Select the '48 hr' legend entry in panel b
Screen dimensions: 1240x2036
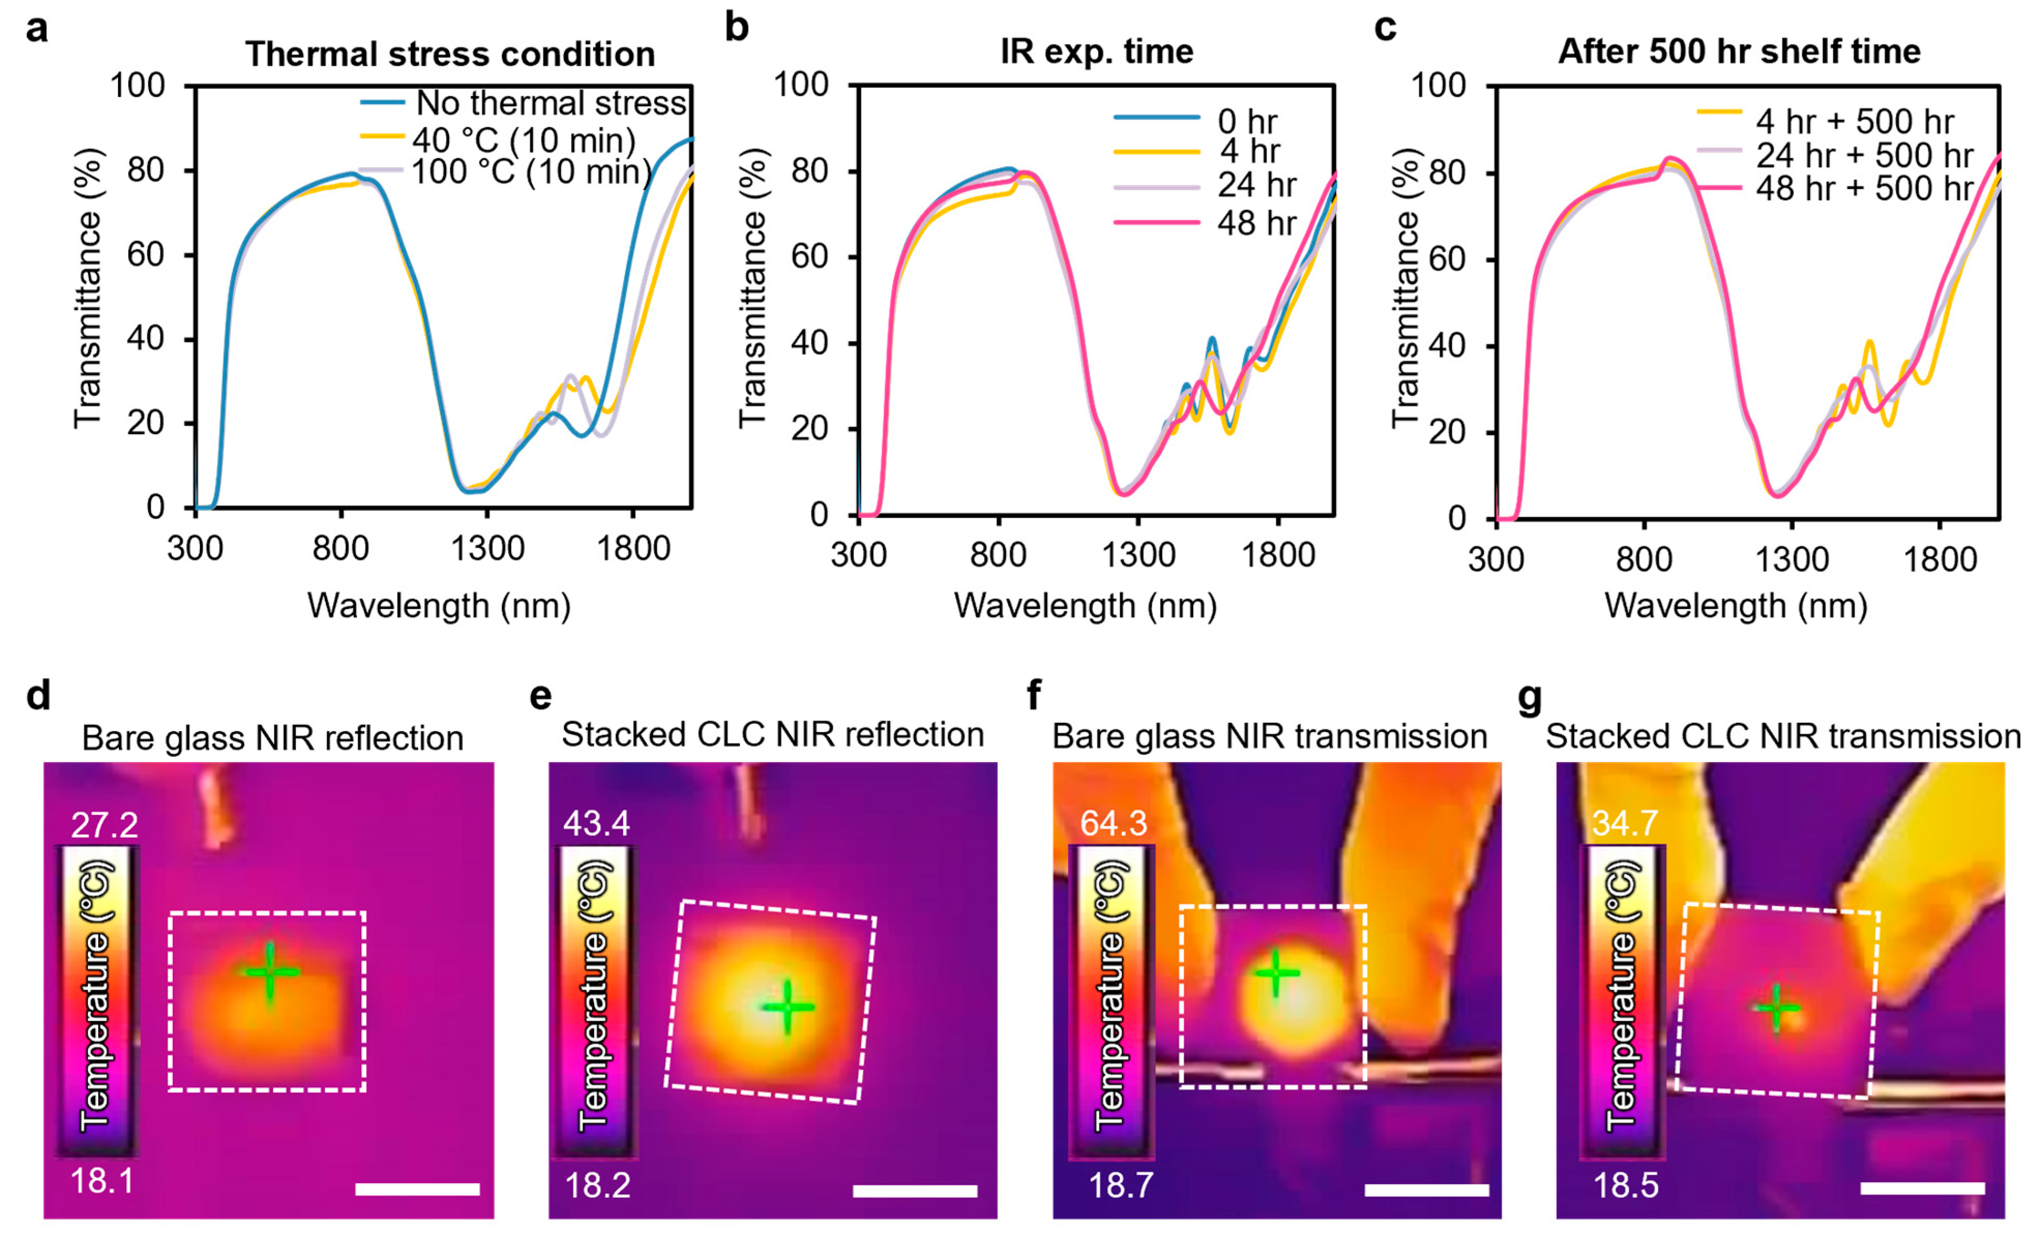click(x=1256, y=222)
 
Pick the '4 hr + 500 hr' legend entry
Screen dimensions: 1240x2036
click(x=1854, y=122)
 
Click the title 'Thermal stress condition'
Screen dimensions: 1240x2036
click(x=450, y=54)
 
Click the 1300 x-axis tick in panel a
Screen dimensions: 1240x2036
click(x=487, y=548)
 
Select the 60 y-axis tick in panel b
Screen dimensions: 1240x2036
click(x=810, y=257)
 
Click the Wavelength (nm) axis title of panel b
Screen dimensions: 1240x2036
click(x=1085, y=606)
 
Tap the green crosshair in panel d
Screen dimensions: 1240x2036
click(x=270, y=973)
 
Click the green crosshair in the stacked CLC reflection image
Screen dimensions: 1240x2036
click(x=787, y=1007)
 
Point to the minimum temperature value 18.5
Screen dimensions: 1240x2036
click(x=1625, y=1185)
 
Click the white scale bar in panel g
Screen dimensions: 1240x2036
click(x=1922, y=1188)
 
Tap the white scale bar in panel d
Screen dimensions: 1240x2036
click(x=417, y=1189)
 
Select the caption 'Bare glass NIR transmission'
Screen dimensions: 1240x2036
click(x=1269, y=736)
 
